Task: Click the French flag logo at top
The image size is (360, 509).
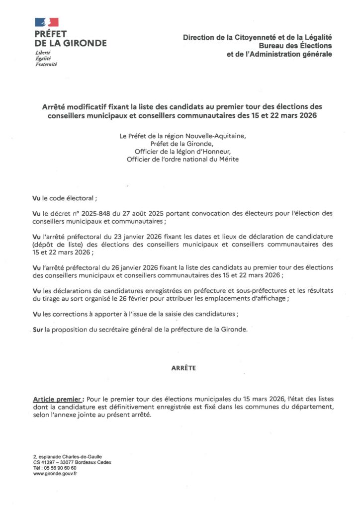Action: tap(46, 22)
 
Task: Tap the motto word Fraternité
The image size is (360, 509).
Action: tap(46, 65)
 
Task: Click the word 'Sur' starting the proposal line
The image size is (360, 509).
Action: tap(36, 330)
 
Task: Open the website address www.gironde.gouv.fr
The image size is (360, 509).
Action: tap(55, 473)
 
